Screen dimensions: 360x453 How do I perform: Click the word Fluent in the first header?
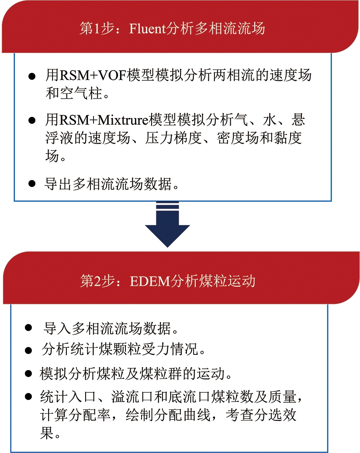pyautogui.click(x=148, y=29)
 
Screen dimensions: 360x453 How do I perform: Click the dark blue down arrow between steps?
pyautogui.click(x=167, y=224)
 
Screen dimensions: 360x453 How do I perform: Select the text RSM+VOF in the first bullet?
pyautogui.click(x=93, y=75)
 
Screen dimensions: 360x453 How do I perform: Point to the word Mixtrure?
pyautogui.click(x=123, y=120)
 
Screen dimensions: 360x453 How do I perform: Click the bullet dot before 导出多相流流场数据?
pyautogui.click(x=32, y=184)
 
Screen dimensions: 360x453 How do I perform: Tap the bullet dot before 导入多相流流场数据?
pyautogui.click(x=28, y=328)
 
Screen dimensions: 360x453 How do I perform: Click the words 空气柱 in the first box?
pyautogui.click(x=81, y=93)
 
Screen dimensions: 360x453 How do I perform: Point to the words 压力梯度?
pyautogui.click(x=173, y=138)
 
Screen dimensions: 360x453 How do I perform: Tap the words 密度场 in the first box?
pyautogui.click(x=238, y=138)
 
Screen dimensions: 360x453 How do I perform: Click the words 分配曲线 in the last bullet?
pyautogui.click(x=182, y=415)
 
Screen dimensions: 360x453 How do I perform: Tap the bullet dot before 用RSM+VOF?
pyautogui.click(x=32, y=76)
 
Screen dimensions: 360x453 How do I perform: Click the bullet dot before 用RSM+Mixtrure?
pyautogui.click(x=32, y=120)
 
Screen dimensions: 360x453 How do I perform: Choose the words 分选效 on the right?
pyautogui.click(x=275, y=415)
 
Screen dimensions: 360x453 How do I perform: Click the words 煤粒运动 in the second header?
pyautogui.click(x=227, y=281)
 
